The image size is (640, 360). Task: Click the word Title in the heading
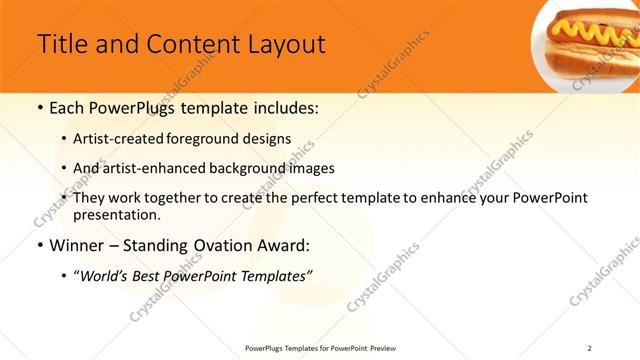pyautogui.click(x=62, y=45)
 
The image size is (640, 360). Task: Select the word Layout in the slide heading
pyautogui.click(x=279, y=45)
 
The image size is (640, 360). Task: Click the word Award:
pyautogui.click(x=286, y=245)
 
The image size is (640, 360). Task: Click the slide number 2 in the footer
pyautogui.click(x=590, y=347)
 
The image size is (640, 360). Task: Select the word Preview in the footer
pyautogui.click(x=382, y=347)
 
